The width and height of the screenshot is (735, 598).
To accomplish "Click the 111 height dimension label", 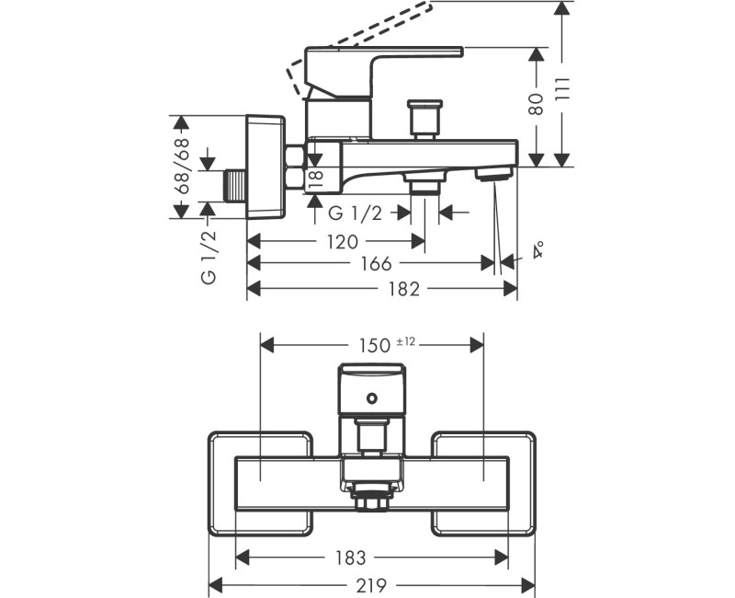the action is click(x=563, y=87).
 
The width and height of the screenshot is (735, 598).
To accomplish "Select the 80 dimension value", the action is click(x=537, y=104).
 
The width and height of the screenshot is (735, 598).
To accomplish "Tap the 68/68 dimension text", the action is click(x=182, y=166).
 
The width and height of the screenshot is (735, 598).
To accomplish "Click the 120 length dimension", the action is click(x=343, y=242).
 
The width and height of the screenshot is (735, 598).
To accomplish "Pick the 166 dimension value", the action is click(x=376, y=264).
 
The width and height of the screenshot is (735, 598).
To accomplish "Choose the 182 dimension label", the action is click(x=404, y=289).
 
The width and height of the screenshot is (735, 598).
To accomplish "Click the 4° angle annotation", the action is click(x=538, y=249).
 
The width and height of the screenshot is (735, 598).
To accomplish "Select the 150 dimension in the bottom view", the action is click(x=375, y=346).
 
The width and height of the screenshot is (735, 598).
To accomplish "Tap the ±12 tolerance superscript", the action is click(x=406, y=341).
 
